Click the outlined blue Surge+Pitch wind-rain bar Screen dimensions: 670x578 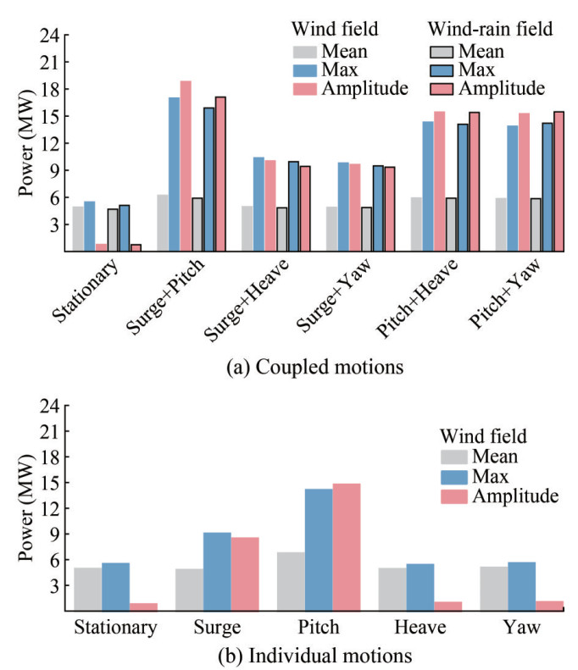(x=208, y=180)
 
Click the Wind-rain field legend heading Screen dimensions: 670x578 (x=492, y=29)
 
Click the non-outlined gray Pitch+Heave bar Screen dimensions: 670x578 (x=416, y=224)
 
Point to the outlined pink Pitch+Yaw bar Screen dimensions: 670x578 (x=559, y=181)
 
